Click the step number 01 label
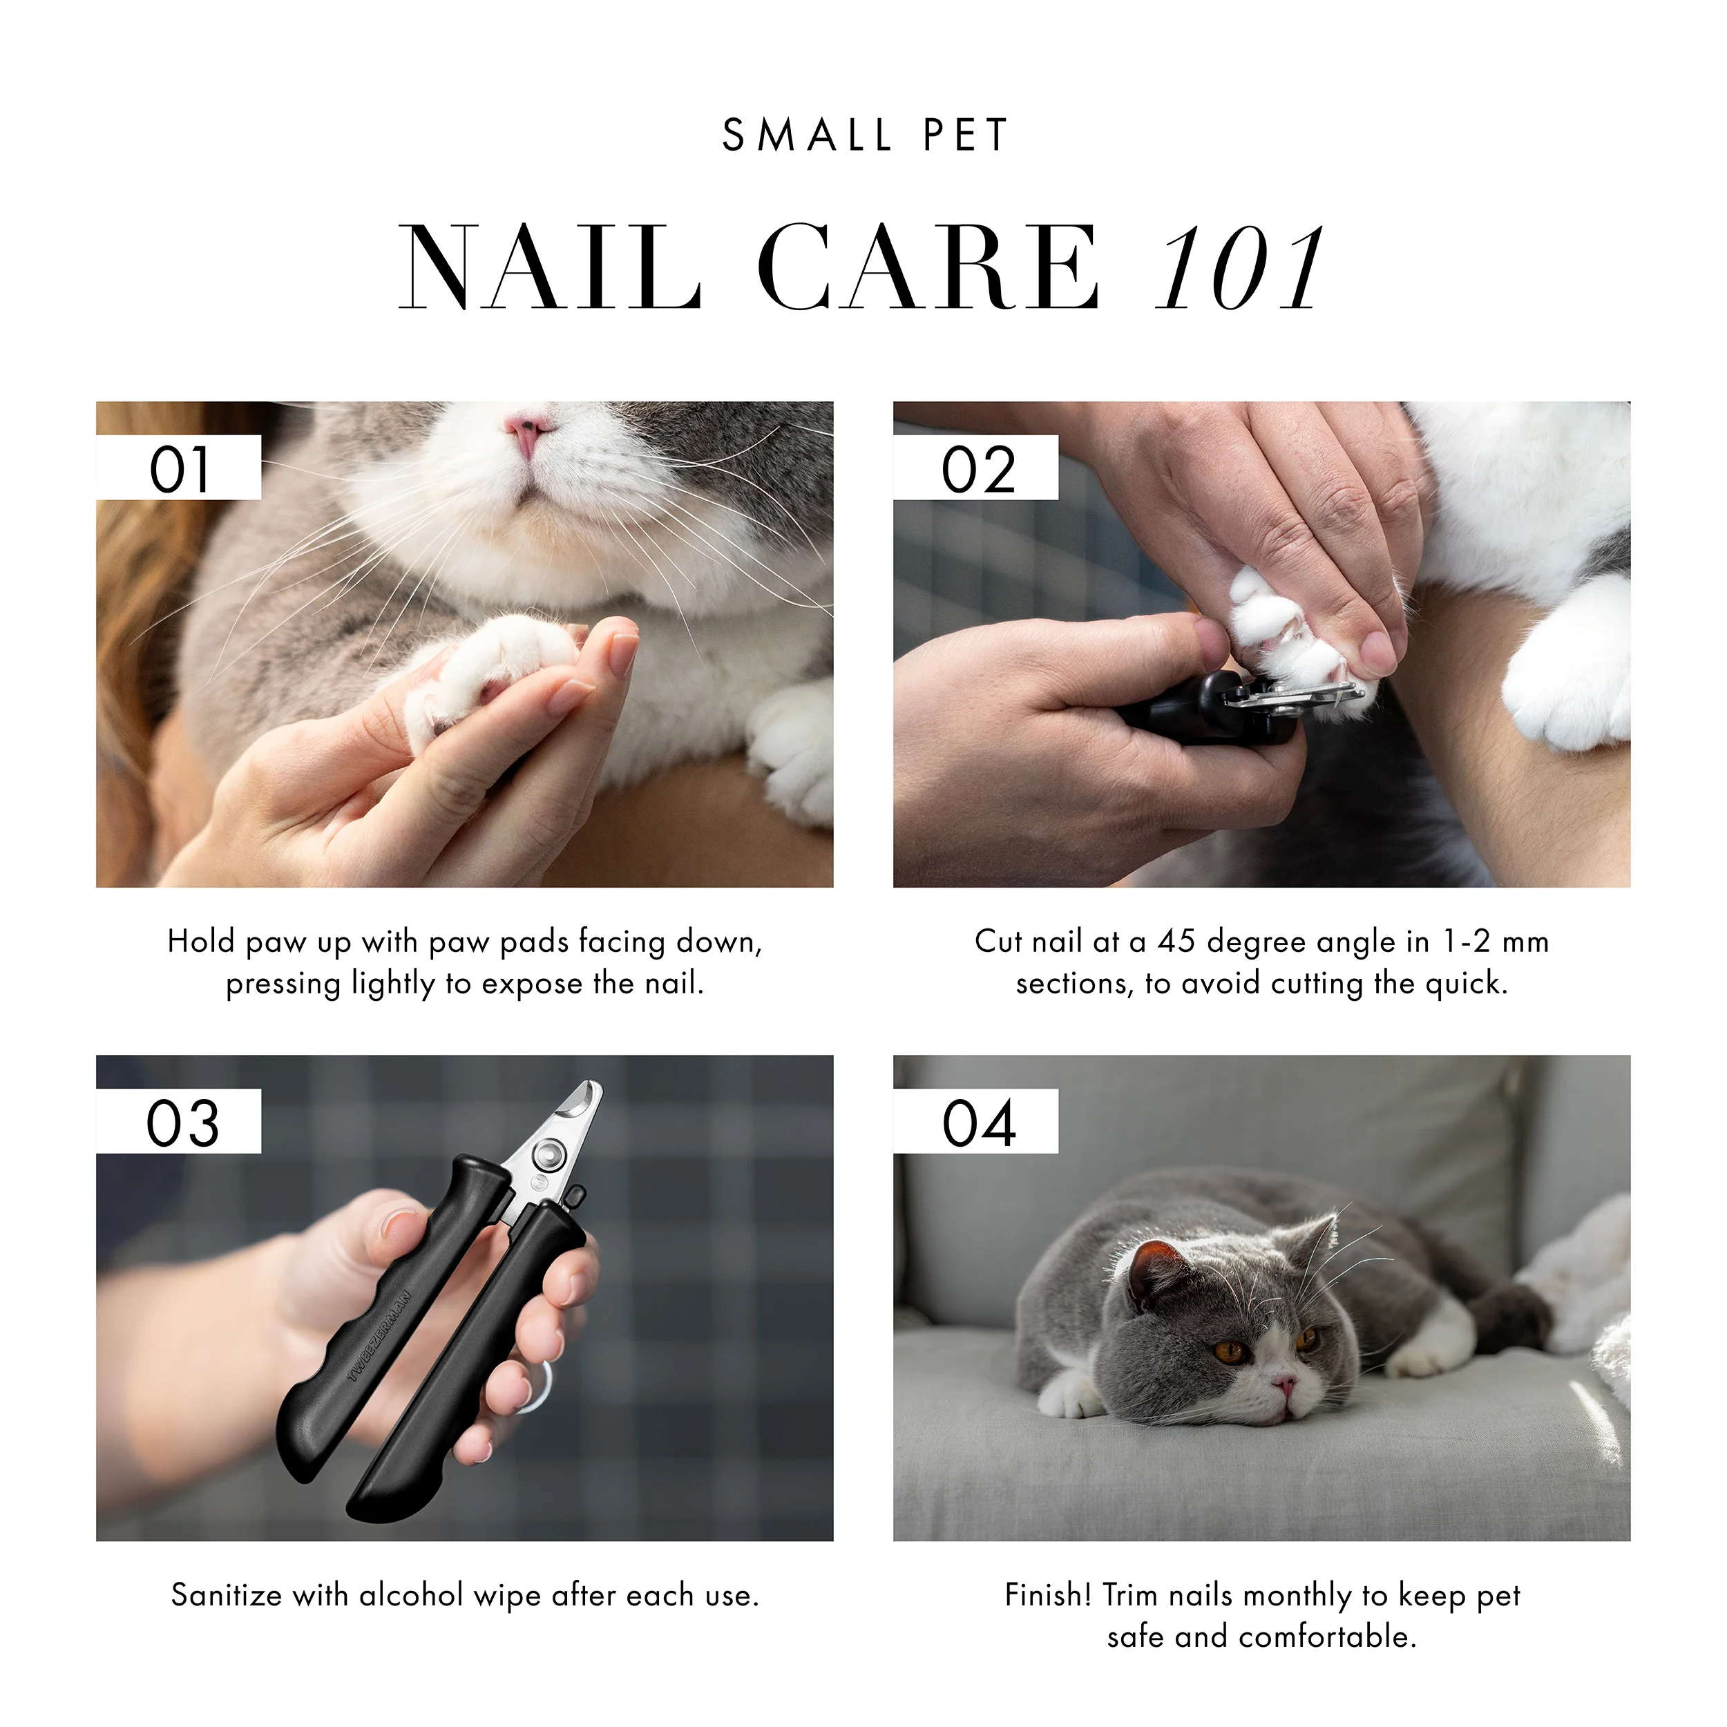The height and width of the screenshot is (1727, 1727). click(179, 468)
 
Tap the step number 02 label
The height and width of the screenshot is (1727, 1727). click(978, 468)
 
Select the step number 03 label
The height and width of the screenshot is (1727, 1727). click(182, 1122)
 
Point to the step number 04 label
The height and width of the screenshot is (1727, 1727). click(978, 1122)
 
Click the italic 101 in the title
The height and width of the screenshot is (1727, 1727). click(1238, 268)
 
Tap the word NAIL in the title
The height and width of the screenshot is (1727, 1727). click(550, 268)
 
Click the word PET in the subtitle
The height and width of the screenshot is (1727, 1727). click(966, 136)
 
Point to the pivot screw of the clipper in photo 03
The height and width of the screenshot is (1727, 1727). click(547, 1154)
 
